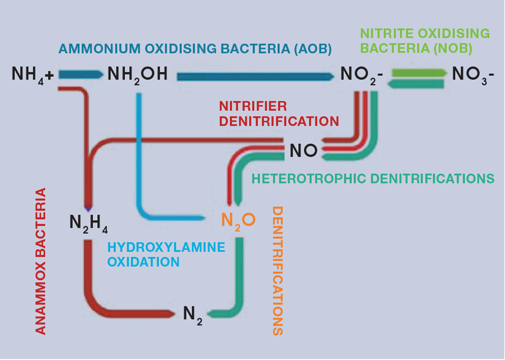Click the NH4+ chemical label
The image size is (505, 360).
coord(32,75)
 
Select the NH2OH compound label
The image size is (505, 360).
coord(138,75)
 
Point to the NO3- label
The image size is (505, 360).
coord(473,76)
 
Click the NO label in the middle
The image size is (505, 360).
coord(303,151)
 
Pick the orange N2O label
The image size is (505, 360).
coord(238,220)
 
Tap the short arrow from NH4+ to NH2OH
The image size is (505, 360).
coord(78,75)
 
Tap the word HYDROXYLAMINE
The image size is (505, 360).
coord(166,247)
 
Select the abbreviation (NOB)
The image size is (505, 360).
coord(451,48)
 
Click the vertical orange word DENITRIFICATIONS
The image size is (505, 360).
coord(277,271)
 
